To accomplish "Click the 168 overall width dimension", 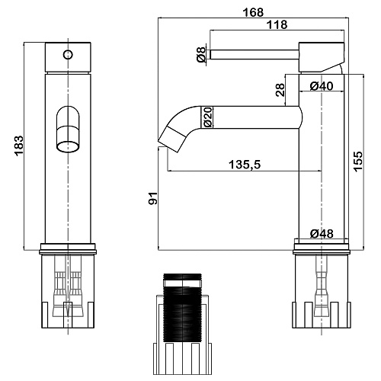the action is point(253,12).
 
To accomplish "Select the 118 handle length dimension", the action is point(277,24).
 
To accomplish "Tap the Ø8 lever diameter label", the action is point(201,55).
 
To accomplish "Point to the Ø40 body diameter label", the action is point(322,86).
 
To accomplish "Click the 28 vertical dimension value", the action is point(280,90).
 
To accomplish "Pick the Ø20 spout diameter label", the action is point(207,117).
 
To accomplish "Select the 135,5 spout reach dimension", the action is point(245,165).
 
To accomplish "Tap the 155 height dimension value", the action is point(358,162).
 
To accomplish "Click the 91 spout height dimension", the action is point(153,198).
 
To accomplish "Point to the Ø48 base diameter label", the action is point(322,233).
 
